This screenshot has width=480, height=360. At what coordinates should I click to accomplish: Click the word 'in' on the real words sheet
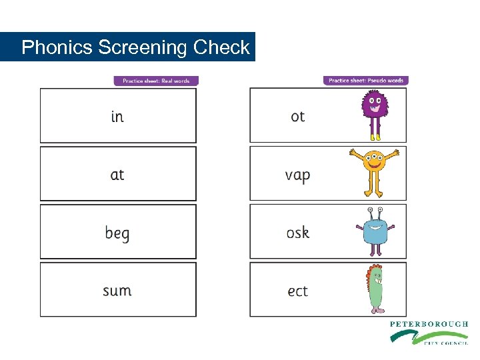tap(117, 117)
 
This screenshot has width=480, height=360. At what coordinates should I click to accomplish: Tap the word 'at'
tap(117, 175)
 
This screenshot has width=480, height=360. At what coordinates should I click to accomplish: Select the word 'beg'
tap(117, 233)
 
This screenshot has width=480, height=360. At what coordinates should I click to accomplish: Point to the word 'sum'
tap(117, 291)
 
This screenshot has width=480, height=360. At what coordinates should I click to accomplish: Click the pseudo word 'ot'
tap(297, 117)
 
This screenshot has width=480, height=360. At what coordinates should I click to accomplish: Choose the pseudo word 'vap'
tap(297, 175)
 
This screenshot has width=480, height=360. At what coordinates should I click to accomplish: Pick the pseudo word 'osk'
tap(297, 233)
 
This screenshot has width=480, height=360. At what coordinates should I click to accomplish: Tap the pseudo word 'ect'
tap(297, 291)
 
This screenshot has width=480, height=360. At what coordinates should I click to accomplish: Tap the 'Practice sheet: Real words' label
tap(156, 81)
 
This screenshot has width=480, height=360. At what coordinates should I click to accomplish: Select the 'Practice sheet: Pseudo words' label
tap(365, 81)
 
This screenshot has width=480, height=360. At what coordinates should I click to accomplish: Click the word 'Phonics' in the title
tap(57, 48)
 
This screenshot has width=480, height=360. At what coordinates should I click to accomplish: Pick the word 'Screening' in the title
tap(143, 48)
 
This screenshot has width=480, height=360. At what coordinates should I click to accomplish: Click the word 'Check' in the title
tap(221, 48)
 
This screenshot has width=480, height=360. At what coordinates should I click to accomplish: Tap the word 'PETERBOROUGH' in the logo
tap(429, 324)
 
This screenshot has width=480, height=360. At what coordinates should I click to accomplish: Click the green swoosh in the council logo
tap(407, 335)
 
